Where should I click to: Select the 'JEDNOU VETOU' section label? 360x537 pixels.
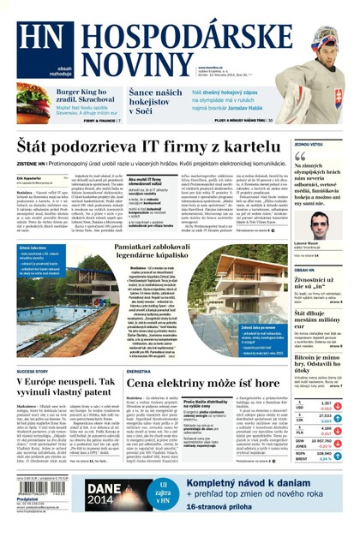(309, 145)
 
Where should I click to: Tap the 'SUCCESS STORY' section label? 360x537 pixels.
(33, 348)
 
